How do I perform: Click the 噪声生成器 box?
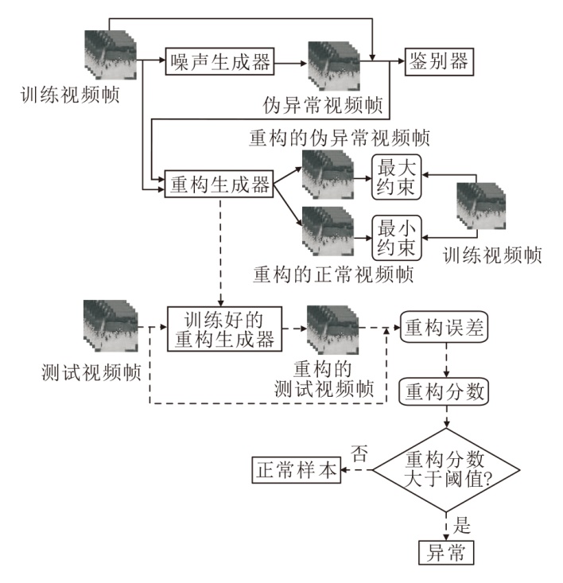point(219,63)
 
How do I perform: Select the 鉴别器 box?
point(439,60)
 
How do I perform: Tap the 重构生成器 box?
point(219,185)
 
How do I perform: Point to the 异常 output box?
point(445,552)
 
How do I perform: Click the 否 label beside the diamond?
point(359,454)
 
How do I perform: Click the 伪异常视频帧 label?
point(323,105)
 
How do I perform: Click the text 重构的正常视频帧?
point(333,275)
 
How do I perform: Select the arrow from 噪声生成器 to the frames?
point(292,63)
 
